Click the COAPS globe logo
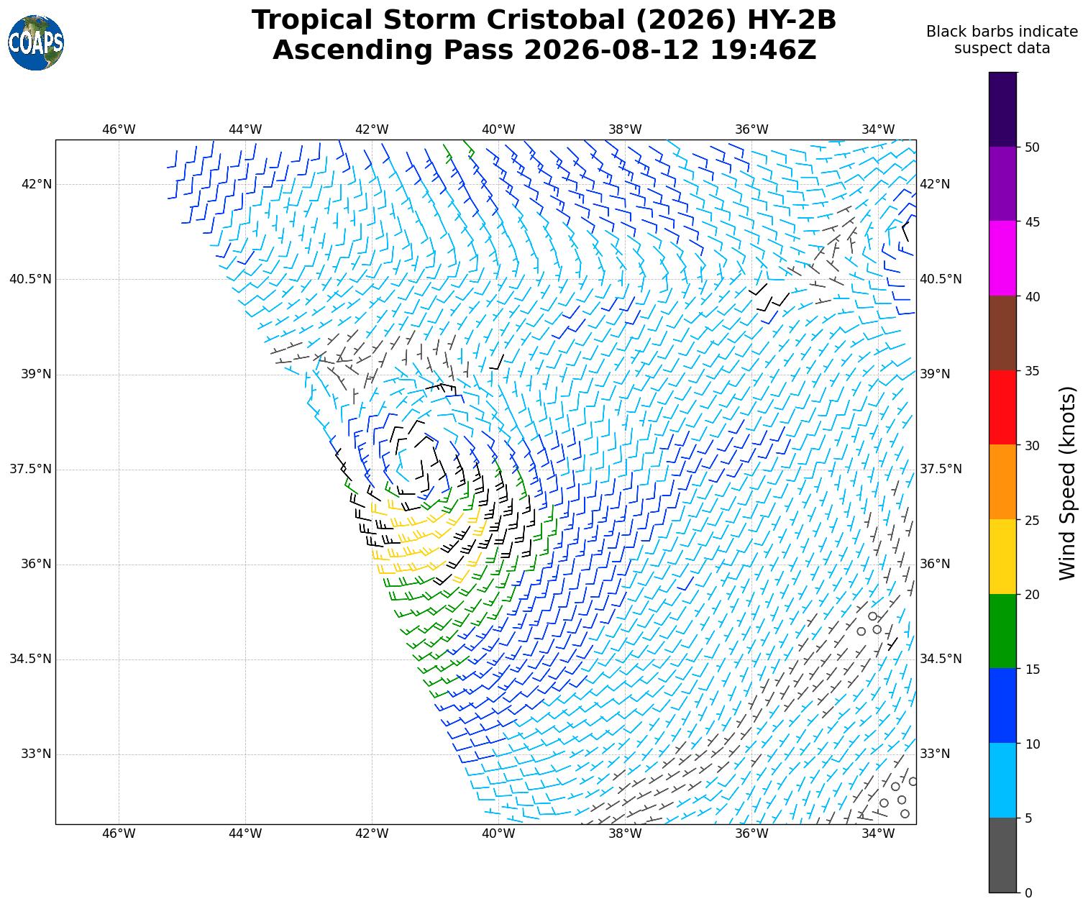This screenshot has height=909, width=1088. click(36, 42)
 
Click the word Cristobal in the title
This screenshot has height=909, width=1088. click(555, 20)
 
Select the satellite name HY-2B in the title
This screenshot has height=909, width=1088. click(791, 20)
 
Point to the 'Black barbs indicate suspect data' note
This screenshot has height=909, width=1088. click(1002, 40)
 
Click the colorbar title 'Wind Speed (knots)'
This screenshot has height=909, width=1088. click(1067, 483)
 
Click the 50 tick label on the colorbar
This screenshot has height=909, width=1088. click(1032, 147)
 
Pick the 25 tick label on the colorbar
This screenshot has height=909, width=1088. click(1032, 520)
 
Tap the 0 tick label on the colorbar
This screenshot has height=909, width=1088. click(1028, 893)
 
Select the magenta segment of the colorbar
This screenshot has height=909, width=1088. click(1002, 258)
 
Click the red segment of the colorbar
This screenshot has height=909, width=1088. click(1002, 407)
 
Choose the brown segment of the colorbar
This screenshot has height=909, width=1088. click(1002, 332)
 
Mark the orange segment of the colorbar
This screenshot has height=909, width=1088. click(1002, 482)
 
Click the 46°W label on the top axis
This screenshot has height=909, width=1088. click(118, 129)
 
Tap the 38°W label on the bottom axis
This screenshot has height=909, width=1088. click(625, 833)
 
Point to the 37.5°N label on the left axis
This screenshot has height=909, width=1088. click(30, 469)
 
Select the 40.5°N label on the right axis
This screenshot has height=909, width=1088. click(940, 279)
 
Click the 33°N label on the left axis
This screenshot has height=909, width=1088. click(36, 754)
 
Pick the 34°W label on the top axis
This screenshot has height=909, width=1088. click(878, 129)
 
